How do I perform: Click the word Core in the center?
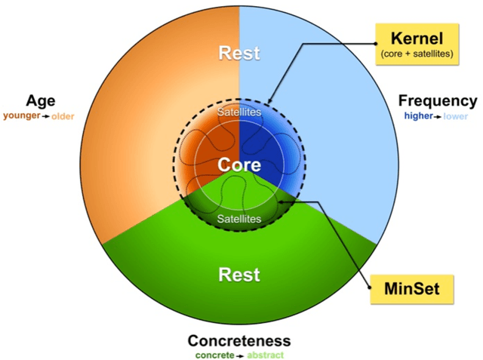tap(239, 165)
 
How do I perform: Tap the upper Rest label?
tap(239, 54)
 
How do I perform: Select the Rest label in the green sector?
tap(239, 274)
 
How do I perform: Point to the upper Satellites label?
tap(239, 112)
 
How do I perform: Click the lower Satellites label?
tap(239, 219)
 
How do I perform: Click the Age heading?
tap(40, 101)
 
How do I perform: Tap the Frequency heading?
tap(438, 101)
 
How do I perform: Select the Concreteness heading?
tap(239, 341)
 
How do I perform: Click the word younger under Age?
tap(20, 116)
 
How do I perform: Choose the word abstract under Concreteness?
tap(265, 355)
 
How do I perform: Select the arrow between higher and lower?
tap(438, 117)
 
